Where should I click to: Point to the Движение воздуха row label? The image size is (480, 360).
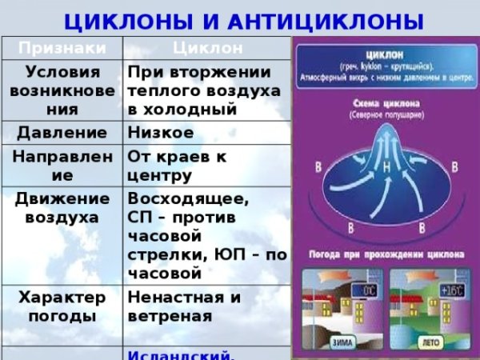(61, 207)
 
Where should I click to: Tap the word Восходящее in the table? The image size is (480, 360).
(187, 198)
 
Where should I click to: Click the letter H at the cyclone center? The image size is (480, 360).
(386, 169)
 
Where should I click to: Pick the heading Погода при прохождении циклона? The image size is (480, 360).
(385, 255)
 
